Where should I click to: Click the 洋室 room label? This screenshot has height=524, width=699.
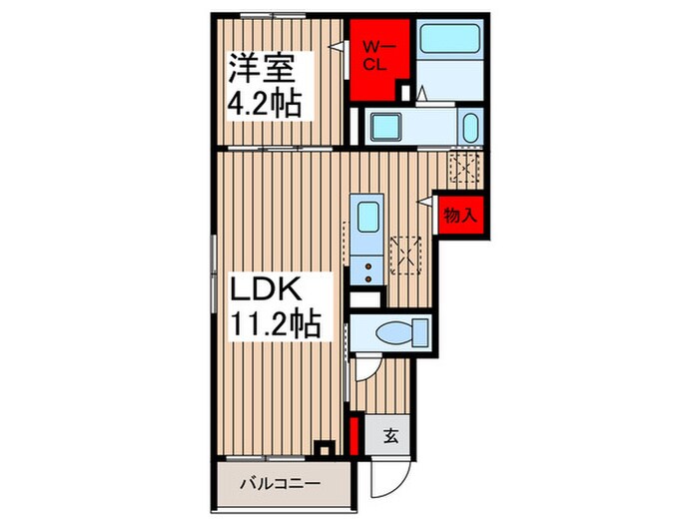point(261,69)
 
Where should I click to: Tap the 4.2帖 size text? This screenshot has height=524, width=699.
point(265,104)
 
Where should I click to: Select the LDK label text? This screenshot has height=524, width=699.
point(267,289)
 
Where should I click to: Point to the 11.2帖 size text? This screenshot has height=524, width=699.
point(275,324)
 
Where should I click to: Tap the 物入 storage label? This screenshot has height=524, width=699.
point(460,216)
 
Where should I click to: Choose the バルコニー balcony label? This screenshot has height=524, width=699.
point(281,484)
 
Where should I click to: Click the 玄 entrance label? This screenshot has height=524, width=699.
point(391,436)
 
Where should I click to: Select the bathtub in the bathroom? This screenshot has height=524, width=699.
point(450,38)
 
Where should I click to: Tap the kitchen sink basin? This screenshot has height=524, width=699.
point(368,217)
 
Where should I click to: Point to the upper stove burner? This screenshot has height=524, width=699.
point(368,266)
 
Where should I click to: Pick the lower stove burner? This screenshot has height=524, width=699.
point(368,278)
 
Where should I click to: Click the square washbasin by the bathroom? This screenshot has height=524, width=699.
point(387,127)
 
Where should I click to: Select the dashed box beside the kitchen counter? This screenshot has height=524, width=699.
point(405,256)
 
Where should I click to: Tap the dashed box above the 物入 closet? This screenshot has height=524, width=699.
point(464,167)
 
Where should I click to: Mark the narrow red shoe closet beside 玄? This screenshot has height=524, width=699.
point(354,436)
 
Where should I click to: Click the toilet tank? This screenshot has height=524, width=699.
point(420,332)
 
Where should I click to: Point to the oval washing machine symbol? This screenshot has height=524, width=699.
point(470,127)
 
